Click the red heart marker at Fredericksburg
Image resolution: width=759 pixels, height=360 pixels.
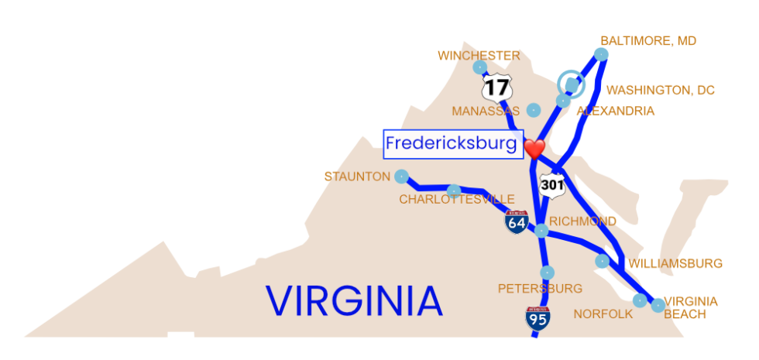[x=534, y=148]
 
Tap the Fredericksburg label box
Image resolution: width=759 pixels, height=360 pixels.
[x=451, y=143]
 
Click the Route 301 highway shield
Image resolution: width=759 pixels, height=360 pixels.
[x=552, y=184]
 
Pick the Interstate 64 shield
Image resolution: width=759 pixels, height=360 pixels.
[x=517, y=222]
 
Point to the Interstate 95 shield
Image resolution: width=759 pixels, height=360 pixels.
[x=537, y=318]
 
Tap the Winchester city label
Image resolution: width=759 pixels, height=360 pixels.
[x=478, y=56]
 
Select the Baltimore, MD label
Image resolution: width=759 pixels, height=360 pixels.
[x=647, y=41]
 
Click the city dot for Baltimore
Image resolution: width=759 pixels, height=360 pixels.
[x=601, y=53]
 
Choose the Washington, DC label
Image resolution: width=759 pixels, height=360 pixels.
[x=660, y=91]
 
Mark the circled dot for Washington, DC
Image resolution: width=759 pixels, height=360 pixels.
[x=572, y=83]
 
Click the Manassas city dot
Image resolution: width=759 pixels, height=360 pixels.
[x=533, y=110]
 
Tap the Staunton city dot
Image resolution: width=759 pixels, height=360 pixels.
[x=401, y=177]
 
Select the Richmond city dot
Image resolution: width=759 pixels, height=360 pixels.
[x=541, y=230]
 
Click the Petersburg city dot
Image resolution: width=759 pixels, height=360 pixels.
[x=547, y=272]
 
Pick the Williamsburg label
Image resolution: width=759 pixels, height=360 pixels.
[x=675, y=264]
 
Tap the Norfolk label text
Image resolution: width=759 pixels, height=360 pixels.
[x=603, y=314]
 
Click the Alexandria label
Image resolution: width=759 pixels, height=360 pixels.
[x=615, y=111]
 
